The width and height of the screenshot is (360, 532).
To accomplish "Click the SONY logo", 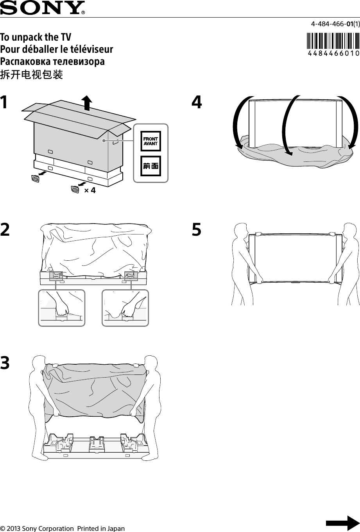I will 42,7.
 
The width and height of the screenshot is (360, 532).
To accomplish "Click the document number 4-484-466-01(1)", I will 335,24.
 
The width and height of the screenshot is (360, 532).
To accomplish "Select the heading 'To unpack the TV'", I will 36,38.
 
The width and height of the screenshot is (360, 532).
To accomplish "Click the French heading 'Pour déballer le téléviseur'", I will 57,50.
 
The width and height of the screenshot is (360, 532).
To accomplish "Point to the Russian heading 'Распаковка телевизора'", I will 52,62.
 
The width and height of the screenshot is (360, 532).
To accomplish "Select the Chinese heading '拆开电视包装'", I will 32,75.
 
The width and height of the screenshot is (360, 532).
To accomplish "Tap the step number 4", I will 197,103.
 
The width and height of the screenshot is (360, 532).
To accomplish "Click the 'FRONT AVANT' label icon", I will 150,141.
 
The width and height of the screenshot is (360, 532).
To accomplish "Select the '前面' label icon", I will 150,166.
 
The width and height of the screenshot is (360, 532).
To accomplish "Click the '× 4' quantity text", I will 90,190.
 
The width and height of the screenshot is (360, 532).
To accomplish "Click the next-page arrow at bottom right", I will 342,523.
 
